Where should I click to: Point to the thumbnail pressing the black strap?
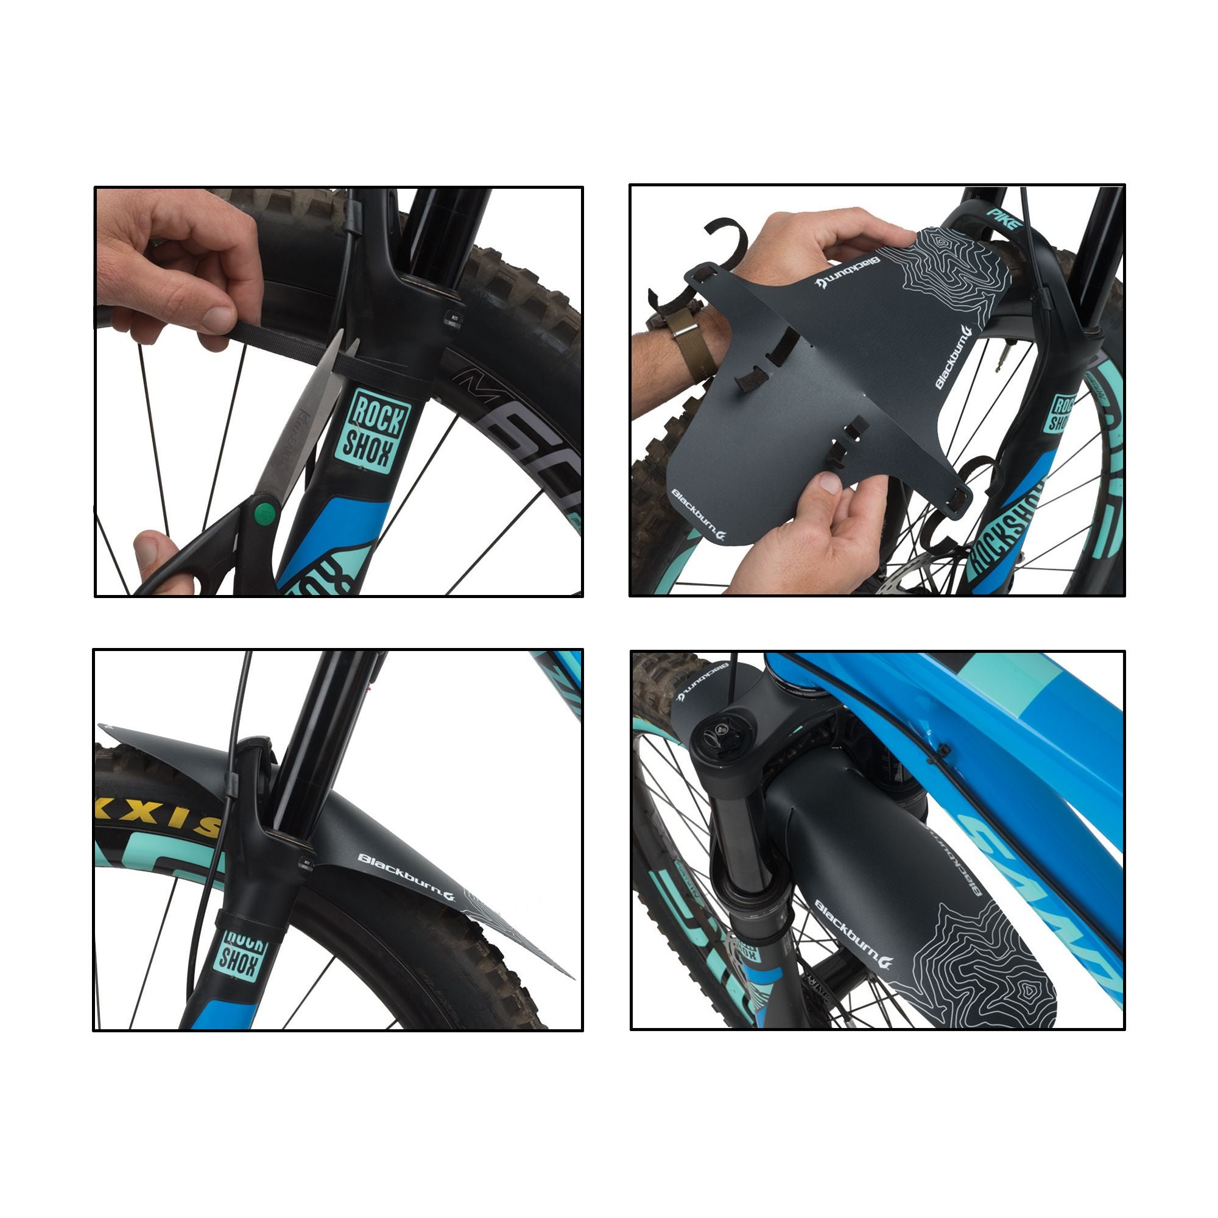point(220,318)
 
